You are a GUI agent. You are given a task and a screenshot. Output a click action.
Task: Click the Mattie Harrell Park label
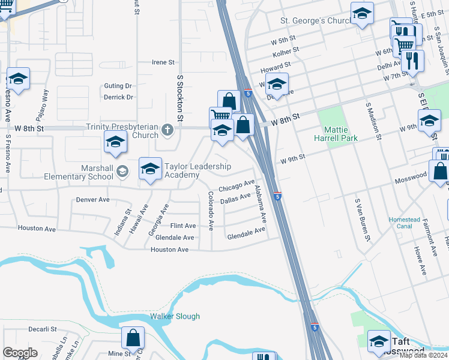[340, 134]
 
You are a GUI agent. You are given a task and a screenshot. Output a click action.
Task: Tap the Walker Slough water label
[175, 316]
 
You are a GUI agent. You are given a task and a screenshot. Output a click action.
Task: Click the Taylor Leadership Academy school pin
[150, 168]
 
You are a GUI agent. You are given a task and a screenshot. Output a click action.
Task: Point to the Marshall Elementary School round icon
[123, 172]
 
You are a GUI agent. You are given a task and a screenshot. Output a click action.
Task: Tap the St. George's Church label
[315, 21]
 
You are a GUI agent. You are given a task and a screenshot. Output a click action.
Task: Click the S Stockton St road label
[179, 94]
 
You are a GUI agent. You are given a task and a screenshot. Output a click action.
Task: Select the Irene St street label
[163, 62]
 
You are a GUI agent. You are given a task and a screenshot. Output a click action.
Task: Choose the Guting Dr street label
[118, 86]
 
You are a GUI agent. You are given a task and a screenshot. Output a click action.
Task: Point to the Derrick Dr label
[118, 97]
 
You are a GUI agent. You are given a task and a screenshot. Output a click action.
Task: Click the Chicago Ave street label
[237, 186]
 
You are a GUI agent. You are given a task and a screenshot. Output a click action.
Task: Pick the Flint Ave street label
[182, 226]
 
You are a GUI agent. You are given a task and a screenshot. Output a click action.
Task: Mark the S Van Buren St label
[361, 220]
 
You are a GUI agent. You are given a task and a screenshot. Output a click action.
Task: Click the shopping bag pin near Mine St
[133, 338]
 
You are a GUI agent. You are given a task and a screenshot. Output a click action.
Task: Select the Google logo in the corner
[20, 353]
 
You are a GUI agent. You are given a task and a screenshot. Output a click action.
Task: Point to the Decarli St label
[42, 329]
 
